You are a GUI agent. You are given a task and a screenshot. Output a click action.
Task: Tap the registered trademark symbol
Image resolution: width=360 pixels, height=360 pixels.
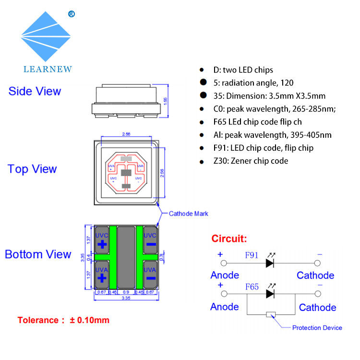click(x=72, y=13)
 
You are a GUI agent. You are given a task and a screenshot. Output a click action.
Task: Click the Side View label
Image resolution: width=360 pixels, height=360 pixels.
click(x=35, y=91)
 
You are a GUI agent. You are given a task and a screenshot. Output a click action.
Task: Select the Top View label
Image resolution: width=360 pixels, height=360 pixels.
click(x=32, y=169)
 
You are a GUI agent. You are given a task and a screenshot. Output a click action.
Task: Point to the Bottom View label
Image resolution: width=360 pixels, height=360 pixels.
click(x=38, y=254)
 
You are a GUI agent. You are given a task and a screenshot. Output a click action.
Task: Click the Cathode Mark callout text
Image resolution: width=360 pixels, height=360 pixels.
click(x=189, y=214)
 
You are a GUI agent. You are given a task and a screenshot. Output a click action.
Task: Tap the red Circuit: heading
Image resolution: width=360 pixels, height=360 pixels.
click(x=229, y=239)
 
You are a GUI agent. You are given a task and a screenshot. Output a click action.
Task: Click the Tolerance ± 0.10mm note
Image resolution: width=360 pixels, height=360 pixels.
click(x=64, y=320)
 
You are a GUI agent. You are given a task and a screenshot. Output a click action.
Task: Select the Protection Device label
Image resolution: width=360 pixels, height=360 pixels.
click(x=317, y=328)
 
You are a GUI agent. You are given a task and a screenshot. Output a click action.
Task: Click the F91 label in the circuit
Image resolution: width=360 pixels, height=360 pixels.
click(x=252, y=255)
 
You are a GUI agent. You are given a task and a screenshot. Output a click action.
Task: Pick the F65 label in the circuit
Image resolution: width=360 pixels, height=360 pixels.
click(x=252, y=287)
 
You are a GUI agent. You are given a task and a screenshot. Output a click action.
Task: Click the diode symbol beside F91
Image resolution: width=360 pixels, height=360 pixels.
click(x=270, y=263)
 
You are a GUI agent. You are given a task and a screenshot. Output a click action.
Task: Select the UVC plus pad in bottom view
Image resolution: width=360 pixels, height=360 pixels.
click(x=102, y=240)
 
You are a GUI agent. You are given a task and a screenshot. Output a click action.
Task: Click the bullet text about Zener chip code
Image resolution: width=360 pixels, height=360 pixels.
click(x=244, y=161)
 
